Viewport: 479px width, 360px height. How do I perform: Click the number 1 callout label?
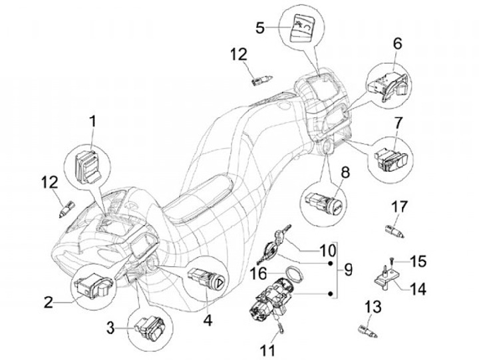[92, 122]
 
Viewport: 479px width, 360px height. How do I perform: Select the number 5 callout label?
[259, 28]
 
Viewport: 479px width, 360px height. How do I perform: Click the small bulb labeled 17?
[394, 230]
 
